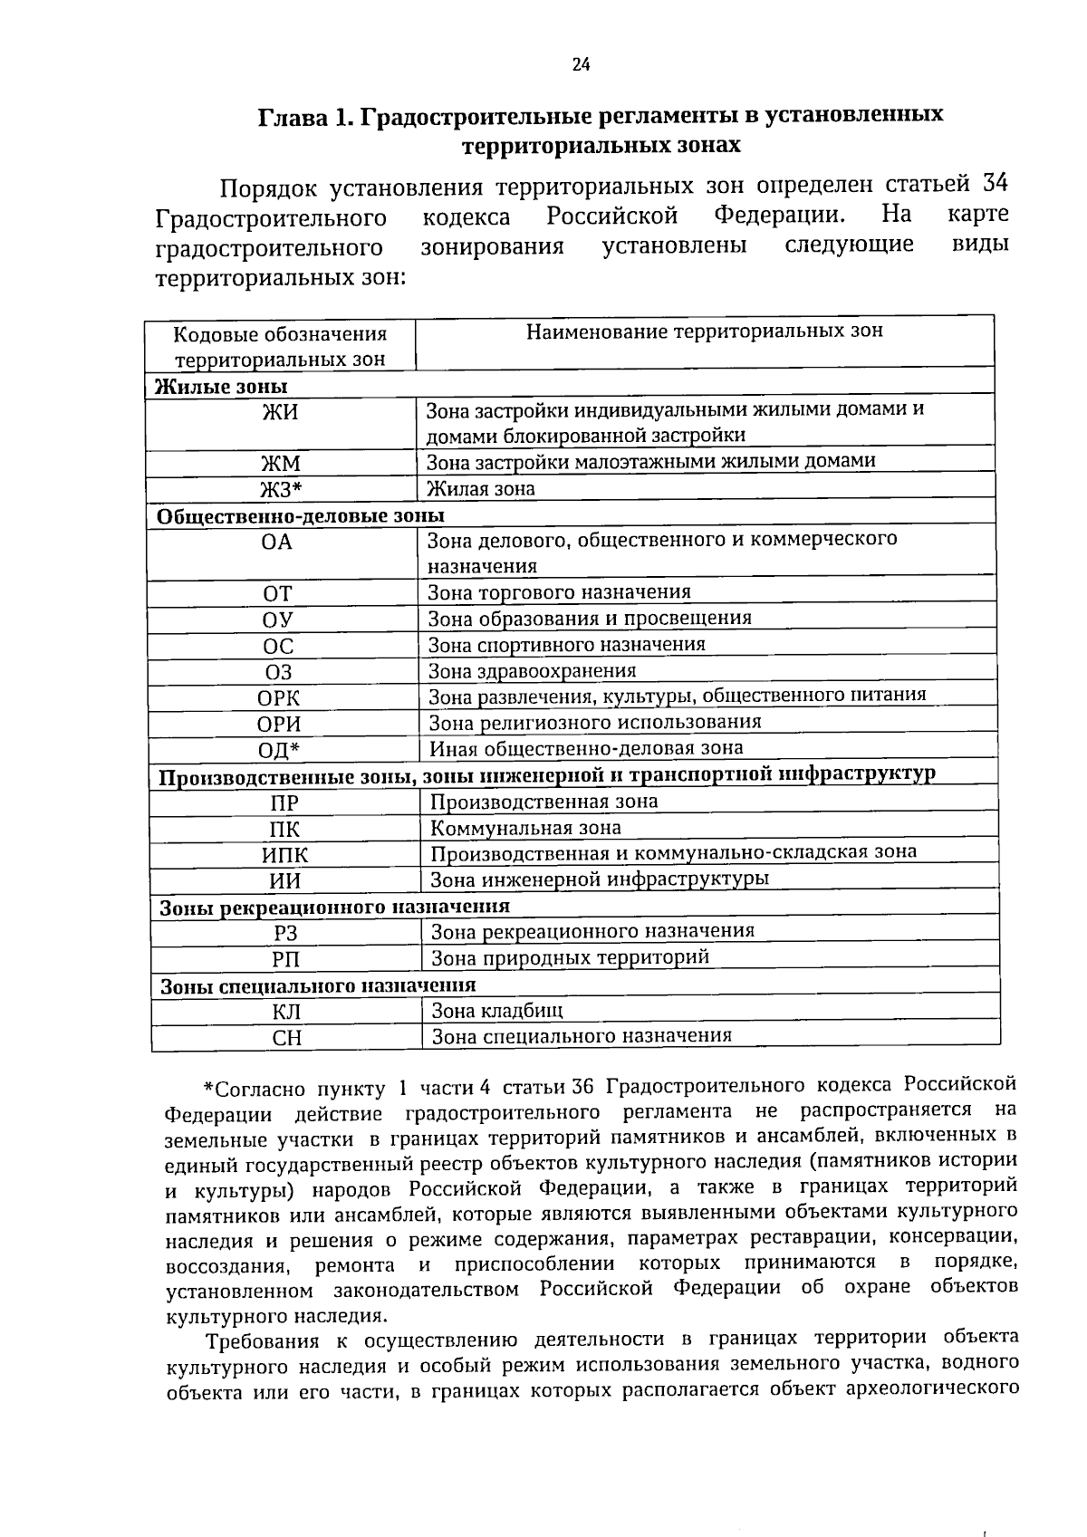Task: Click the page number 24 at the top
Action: click(581, 63)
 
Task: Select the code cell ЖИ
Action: click(280, 413)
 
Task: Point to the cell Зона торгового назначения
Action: click(559, 592)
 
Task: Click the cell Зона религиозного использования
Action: click(595, 722)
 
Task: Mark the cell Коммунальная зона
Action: click(525, 828)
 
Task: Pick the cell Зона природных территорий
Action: click(570, 957)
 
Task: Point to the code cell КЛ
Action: click(286, 1013)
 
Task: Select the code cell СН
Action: click(286, 1039)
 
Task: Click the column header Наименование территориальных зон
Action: click(704, 331)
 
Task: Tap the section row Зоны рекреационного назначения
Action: click(334, 908)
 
